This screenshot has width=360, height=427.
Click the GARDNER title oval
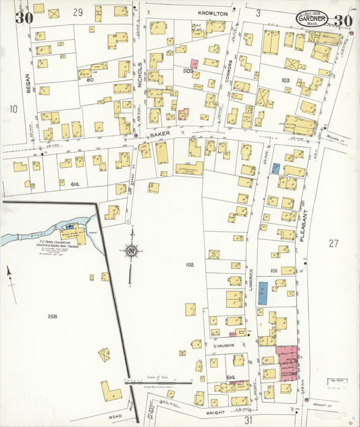point(311,18)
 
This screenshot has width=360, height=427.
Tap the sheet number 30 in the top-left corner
point(24,18)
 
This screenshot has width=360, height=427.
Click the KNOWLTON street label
point(214,13)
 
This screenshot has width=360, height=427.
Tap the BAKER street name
point(160,134)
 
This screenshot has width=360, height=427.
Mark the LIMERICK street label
point(251,280)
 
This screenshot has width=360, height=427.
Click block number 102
point(190,265)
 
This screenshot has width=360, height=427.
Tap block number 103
point(285,80)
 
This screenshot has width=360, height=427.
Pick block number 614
point(74,184)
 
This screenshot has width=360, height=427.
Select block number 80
point(88,80)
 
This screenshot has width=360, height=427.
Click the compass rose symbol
point(132,251)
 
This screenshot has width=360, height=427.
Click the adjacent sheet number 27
point(333,243)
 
